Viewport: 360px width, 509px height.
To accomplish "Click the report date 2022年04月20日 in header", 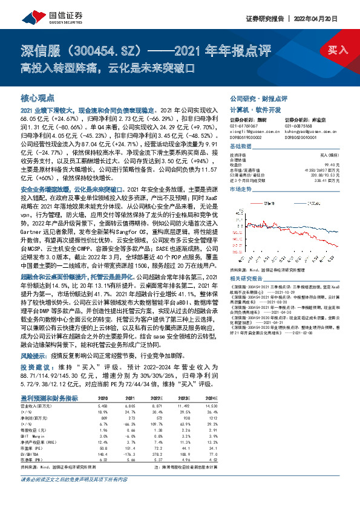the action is [326, 18].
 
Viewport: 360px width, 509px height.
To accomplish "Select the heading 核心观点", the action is [38, 97].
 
